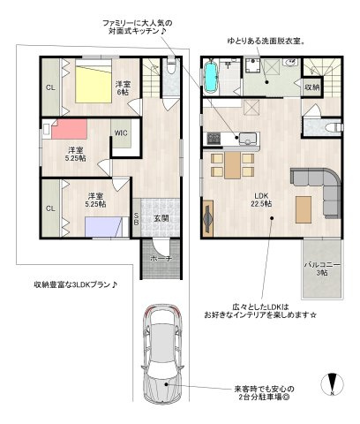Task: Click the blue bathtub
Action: [x=211, y=77]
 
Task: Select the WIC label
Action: [x=121, y=133]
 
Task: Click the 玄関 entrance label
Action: [x=161, y=219]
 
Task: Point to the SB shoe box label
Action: [x=136, y=219]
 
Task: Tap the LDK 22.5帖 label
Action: [x=261, y=200]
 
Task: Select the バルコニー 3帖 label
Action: [x=322, y=269]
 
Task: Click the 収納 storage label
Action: [x=312, y=87]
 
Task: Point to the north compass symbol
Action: [x=333, y=384]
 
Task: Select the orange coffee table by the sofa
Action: [x=304, y=209]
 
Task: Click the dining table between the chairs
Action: [x=232, y=165]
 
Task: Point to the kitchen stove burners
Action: [x=214, y=138]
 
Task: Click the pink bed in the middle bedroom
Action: [x=70, y=129]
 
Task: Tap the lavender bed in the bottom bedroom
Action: [x=103, y=227]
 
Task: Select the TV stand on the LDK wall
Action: [x=208, y=218]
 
